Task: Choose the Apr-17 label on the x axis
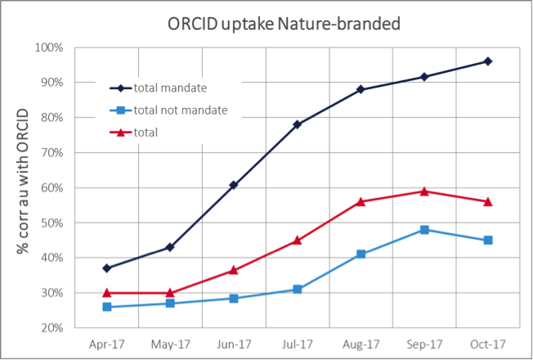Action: click(107, 344)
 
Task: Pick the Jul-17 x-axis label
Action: click(297, 344)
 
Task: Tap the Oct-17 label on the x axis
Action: click(487, 344)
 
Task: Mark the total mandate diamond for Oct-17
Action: click(487, 61)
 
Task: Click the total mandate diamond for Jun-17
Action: click(234, 185)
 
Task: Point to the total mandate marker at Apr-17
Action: click(107, 268)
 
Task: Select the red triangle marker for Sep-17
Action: click(424, 191)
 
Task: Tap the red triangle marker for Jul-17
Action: click(298, 240)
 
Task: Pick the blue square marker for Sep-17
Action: click(424, 230)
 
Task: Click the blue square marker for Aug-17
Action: click(361, 254)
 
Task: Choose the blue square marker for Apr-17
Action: click(107, 307)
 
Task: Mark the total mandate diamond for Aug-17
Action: click(361, 89)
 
